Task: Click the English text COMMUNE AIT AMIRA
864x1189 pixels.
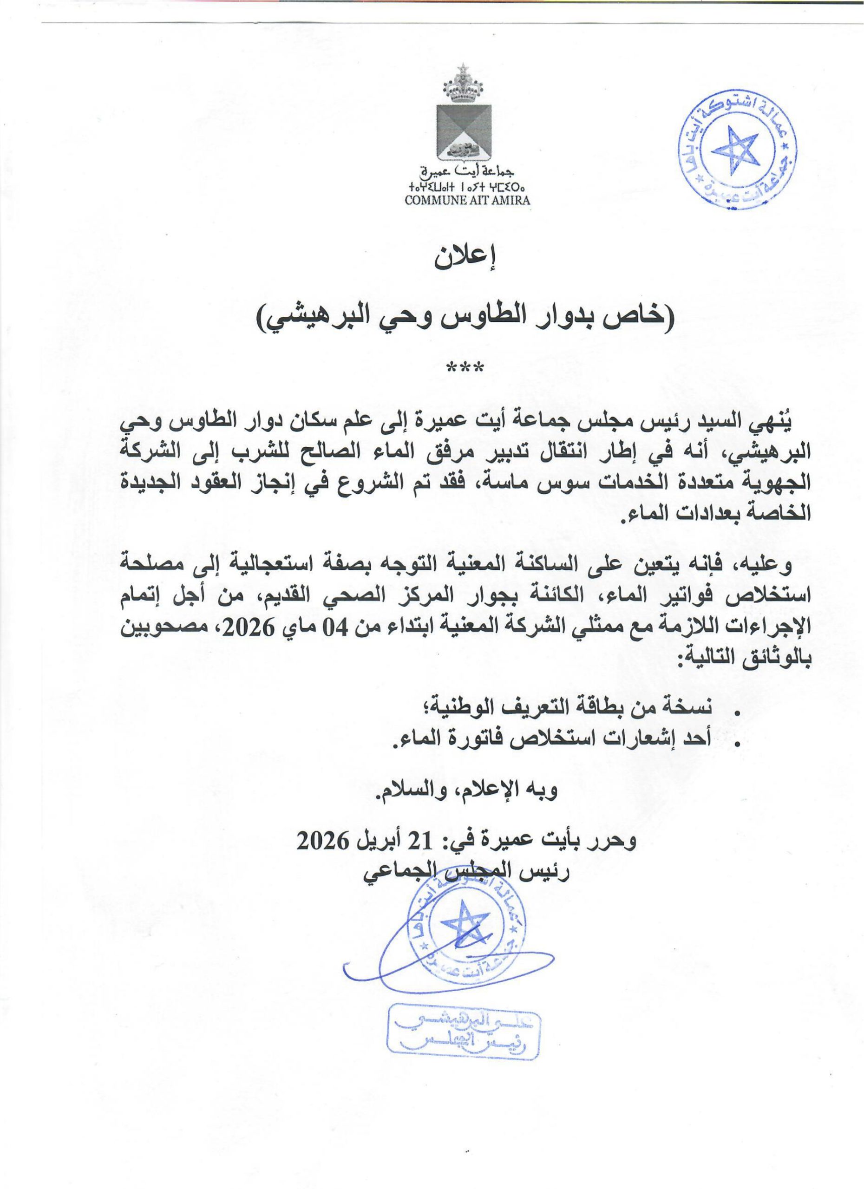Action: (467, 200)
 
